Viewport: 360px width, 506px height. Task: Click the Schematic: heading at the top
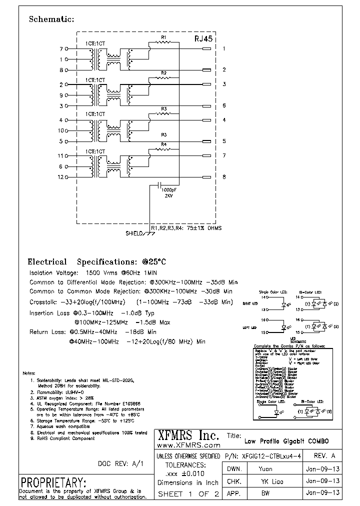point(51,19)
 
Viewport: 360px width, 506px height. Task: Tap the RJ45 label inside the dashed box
point(203,38)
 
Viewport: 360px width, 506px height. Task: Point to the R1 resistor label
point(163,37)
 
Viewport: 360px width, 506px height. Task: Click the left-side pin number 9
point(61,95)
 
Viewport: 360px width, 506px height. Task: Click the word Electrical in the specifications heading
point(47,262)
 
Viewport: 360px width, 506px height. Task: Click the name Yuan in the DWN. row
point(265,469)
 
